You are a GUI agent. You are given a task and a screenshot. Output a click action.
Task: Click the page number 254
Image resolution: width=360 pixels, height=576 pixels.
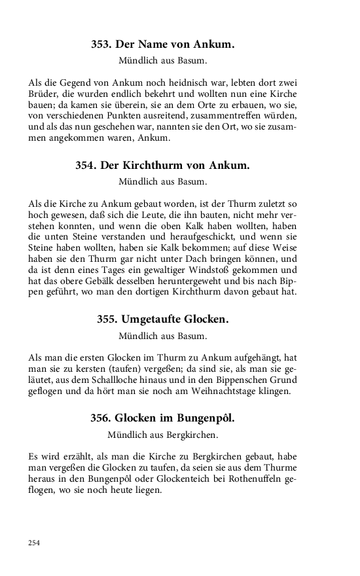pos(35,542)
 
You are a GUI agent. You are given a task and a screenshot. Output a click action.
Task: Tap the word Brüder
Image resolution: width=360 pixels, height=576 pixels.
pos(43,96)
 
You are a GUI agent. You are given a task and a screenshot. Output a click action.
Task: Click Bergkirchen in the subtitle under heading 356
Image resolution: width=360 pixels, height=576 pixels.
pos(188,433)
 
